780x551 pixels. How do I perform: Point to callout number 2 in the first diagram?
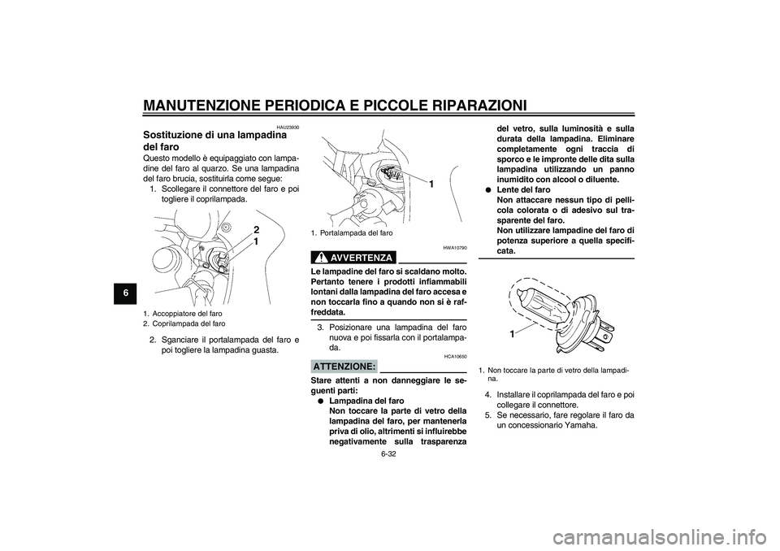(256, 230)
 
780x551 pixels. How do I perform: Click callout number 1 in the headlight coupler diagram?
(256, 242)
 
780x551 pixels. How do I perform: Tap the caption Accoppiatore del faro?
(186, 314)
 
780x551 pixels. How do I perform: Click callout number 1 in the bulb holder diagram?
(431, 185)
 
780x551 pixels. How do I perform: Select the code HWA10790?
(454, 247)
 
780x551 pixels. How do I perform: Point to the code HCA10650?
(455, 356)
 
